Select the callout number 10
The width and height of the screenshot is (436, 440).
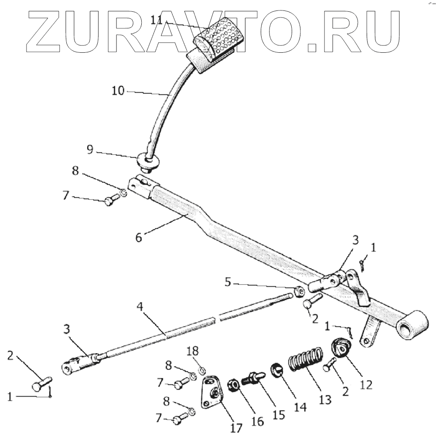tap(118, 91)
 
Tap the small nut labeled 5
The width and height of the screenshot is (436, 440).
tap(299, 292)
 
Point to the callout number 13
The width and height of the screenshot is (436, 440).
tap(325, 399)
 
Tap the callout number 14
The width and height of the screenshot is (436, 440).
tap(300, 406)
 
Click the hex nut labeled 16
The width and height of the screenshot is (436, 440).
tap(234, 385)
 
